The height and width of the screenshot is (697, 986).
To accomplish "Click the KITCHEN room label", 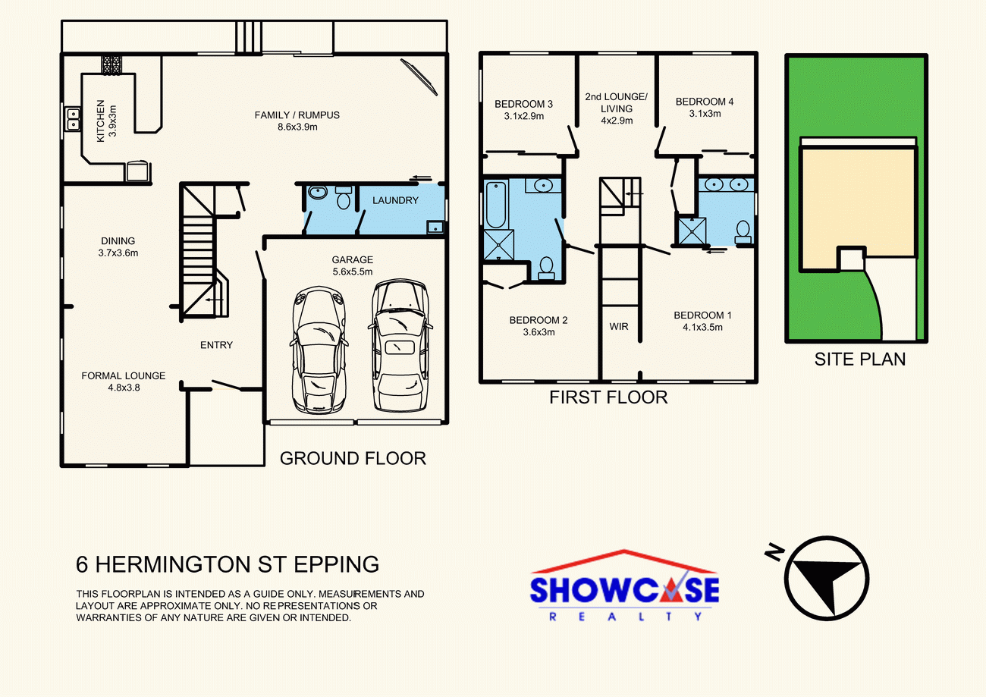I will pos(100,121).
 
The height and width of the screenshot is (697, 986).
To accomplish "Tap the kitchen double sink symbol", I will pos(74,119).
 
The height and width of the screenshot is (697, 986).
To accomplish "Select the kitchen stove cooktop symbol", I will pos(113,64).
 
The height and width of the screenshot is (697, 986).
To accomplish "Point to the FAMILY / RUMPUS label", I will pos(297,115).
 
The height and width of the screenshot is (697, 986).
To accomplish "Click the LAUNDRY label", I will pos(395,200).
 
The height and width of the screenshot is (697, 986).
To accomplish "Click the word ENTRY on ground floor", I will pos(216,345).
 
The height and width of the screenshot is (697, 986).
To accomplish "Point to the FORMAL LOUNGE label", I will pos(123,375).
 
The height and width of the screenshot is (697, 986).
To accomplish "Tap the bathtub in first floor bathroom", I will pos(497,205).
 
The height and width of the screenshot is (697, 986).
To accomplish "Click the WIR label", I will pos(619,327).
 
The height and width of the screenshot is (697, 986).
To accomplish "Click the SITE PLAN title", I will pos(859,359).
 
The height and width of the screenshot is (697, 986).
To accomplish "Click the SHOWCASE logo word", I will pos(624,591).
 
